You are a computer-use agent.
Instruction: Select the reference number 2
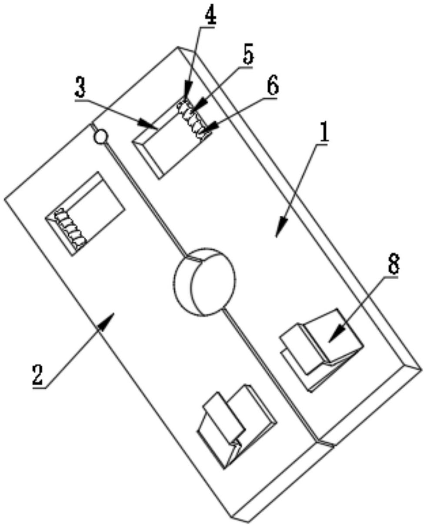click(x=38, y=375)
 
